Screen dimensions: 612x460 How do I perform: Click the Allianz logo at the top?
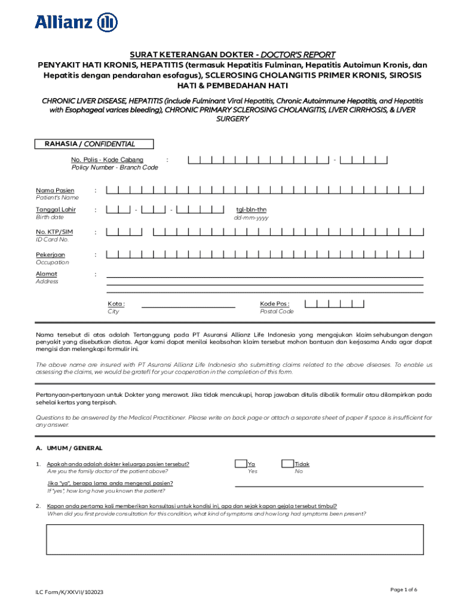click(76, 22)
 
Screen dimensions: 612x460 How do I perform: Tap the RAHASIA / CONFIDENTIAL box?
click(94, 144)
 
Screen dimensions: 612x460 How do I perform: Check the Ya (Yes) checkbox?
click(241, 464)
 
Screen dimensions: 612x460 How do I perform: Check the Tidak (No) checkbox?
click(287, 464)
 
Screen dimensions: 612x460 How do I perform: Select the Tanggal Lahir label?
click(56, 210)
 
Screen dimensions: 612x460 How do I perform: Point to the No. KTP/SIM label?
click(54, 232)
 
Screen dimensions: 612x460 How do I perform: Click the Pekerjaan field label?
click(51, 255)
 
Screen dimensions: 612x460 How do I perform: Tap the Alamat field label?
click(47, 274)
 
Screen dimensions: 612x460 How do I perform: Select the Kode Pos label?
click(274, 304)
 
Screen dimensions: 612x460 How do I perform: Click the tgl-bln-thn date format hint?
click(251, 210)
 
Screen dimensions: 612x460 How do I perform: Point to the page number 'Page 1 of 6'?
click(403, 590)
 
